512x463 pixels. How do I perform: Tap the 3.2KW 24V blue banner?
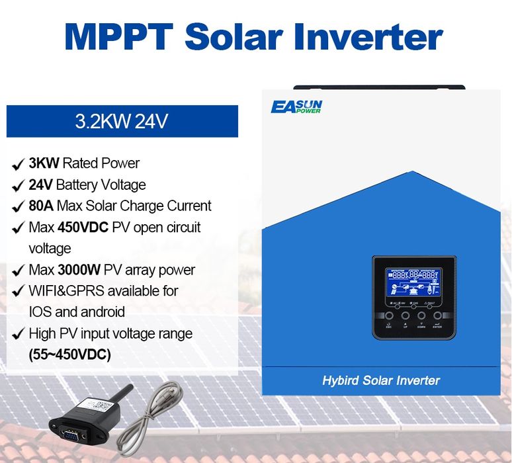pos(122,122)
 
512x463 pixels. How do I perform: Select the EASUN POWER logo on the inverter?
pos(296,106)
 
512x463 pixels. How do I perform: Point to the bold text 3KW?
pos(44,163)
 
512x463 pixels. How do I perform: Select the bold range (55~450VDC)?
pos(70,354)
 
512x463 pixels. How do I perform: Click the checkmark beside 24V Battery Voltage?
pos(18,185)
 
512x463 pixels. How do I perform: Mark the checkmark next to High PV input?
pos(18,333)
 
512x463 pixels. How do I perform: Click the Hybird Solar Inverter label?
pos(380,380)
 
